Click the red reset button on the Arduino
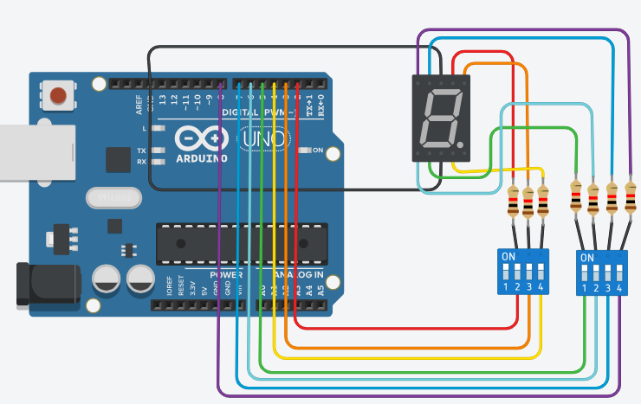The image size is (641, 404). pyautogui.click(x=60, y=94)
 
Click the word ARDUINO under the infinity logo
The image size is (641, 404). pyautogui.click(x=201, y=158)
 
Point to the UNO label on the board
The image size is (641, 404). pyautogui.click(x=262, y=138)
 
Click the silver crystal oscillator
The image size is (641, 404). pyautogui.click(x=112, y=198)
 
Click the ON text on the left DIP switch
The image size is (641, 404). pyautogui.click(x=508, y=256)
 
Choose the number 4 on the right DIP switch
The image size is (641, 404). pyautogui.click(x=619, y=287)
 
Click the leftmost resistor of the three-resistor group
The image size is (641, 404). pyautogui.click(x=514, y=202)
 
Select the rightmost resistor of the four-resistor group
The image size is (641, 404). pyautogui.click(x=631, y=200)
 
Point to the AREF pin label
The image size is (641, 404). pyautogui.click(x=139, y=105)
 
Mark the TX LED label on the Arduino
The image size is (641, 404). pyautogui.click(x=141, y=151)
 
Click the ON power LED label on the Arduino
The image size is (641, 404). pyautogui.click(x=317, y=151)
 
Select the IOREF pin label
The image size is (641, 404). pyautogui.click(x=170, y=286)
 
